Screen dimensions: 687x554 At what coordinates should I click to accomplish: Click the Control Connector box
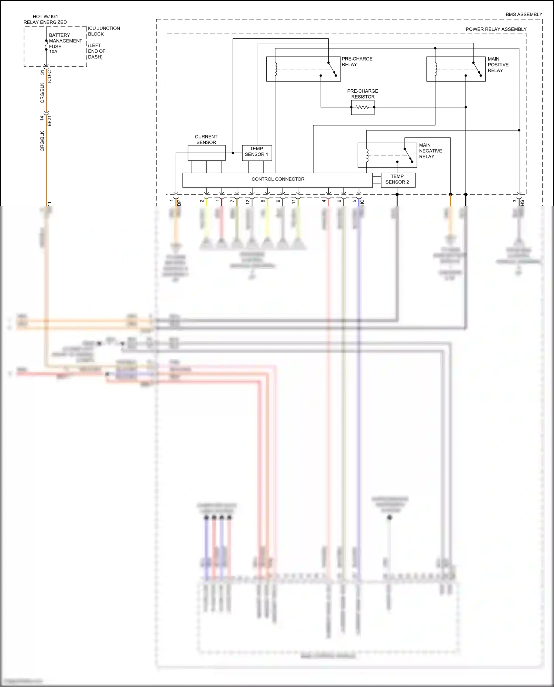point(278,180)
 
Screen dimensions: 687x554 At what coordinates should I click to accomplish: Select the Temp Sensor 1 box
point(257,152)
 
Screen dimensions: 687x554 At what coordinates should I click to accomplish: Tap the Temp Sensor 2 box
point(397,180)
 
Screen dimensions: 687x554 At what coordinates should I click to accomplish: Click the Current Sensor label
point(206,140)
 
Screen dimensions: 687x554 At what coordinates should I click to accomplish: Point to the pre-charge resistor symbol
point(362,107)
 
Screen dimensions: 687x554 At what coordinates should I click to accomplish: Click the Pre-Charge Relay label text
point(356,62)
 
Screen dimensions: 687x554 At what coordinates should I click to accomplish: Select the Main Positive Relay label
point(497,65)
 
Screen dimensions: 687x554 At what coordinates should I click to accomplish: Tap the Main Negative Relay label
point(430,151)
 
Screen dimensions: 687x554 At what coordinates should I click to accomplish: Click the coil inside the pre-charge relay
point(275,69)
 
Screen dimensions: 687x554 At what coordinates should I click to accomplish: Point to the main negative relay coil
point(367,155)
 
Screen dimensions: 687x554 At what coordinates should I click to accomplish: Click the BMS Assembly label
point(523,15)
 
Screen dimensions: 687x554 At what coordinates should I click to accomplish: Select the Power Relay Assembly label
point(496,29)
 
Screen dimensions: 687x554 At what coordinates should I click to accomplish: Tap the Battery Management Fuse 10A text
point(65,44)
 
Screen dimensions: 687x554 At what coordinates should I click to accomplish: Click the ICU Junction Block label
point(103,31)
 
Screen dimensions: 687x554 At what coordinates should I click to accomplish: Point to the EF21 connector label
point(49,120)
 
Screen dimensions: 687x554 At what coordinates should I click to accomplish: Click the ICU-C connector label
point(49,76)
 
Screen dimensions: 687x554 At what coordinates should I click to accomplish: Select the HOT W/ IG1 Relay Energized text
point(45,19)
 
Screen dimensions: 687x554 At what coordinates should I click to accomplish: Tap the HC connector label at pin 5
point(362,203)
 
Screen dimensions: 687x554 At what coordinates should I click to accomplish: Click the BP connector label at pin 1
point(179,203)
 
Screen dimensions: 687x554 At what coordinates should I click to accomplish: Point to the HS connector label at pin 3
point(522,202)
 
